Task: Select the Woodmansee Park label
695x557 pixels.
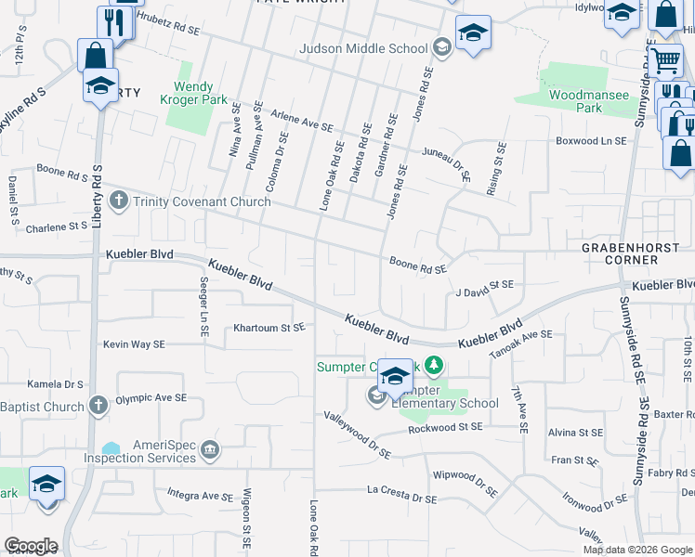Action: (x=575, y=101)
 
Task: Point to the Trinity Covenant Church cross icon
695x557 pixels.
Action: (x=118, y=201)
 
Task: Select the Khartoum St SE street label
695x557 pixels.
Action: (x=269, y=328)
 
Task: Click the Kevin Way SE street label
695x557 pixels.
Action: (x=134, y=344)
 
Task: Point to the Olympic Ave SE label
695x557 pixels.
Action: (x=151, y=399)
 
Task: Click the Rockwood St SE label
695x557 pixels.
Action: (x=445, y=427)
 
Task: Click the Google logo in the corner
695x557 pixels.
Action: (x=31, y=546)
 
